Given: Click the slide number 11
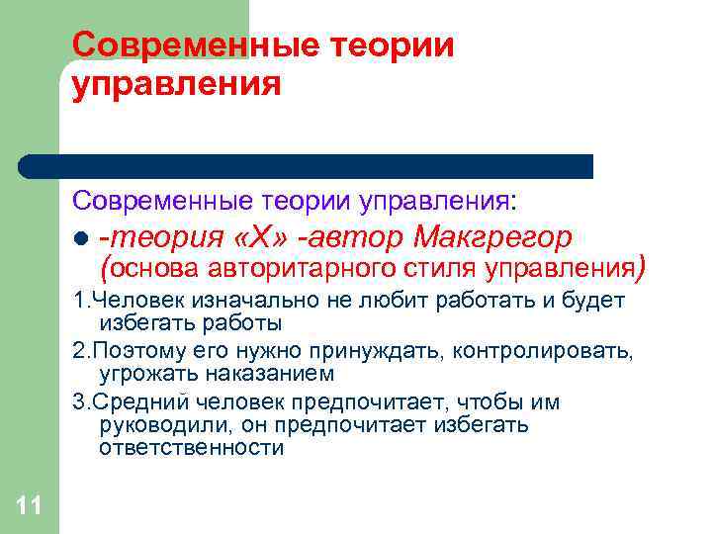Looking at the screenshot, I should coord(29,507).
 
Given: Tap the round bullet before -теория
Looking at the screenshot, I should coord(81,239).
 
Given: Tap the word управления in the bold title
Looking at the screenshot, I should coord(176,85).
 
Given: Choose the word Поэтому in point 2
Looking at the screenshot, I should coord(129,351).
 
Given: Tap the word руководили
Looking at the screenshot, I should coord(162,424).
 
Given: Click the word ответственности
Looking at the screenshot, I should coord(191,447).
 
